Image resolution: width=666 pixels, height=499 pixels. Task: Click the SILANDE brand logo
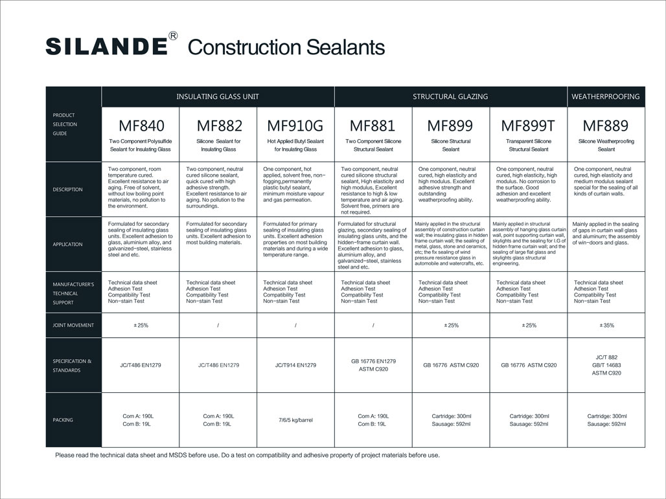(107, 47)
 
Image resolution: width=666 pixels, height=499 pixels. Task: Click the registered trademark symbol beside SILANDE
(173, 36)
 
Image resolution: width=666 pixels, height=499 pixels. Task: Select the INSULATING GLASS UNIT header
(218, 96)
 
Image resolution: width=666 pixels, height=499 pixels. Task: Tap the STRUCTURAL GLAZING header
(450, 96)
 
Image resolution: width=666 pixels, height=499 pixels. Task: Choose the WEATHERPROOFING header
(606, 96)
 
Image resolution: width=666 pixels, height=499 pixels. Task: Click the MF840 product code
(140, 126)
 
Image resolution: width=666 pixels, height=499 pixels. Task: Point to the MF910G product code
(295, 126)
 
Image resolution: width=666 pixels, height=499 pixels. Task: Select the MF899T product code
(529, 126)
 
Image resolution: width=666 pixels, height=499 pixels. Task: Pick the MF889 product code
(606, 126)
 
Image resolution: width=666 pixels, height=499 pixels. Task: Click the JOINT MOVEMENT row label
(73, 326)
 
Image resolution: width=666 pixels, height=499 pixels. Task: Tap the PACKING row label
(63, 420)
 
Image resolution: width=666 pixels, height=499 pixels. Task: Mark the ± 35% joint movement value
(606, 326)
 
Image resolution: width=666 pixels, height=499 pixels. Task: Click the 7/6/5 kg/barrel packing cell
(295, 420)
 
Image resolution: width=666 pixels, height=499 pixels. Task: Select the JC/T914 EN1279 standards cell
(295, 365)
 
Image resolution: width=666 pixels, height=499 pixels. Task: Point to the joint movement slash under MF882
(218, 326)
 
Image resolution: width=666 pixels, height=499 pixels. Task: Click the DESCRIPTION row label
(68, 190)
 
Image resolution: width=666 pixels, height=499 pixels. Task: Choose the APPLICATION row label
(68, 245)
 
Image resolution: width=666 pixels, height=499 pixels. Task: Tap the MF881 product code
(373, 126)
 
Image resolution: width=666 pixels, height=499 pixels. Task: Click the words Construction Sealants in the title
(286, 47)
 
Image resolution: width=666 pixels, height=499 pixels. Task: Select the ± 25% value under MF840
(140, 326)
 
